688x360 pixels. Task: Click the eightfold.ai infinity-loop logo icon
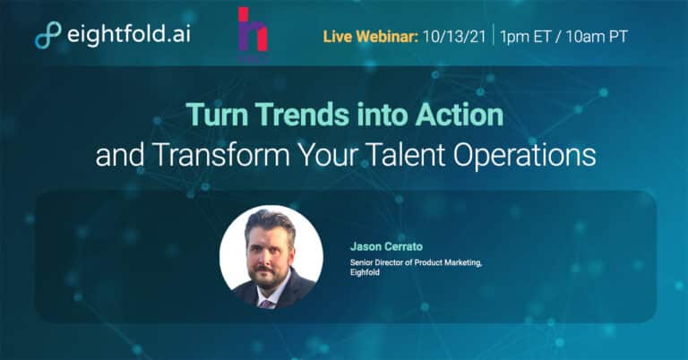47,35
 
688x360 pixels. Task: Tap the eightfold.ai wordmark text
129,33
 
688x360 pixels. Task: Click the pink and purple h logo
253,30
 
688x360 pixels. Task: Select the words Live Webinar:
370,37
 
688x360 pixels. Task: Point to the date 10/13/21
454,37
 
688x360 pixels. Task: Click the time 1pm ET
525,37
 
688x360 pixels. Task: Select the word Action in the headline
460,115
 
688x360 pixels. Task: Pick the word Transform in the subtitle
221,155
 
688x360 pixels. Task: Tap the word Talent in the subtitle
405,155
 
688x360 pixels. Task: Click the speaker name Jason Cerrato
386,246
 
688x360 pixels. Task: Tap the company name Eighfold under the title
365,272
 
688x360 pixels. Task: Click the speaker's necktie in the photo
266,304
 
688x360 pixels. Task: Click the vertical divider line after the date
494,35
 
